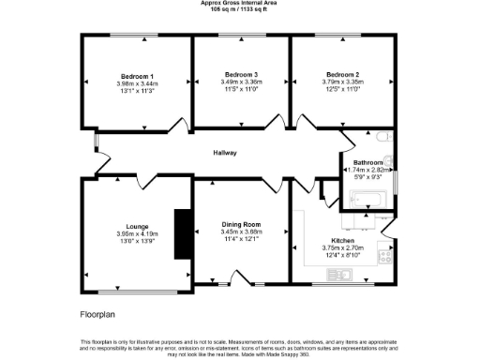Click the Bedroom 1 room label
click(x=137, y=75)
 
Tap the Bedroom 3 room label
click(x=241, y=74)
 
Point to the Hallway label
click(x=224, y=153)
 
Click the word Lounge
click(x=138, y=225)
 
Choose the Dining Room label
click(x=241, y=225)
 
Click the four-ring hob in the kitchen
click(x=383, y=254)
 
